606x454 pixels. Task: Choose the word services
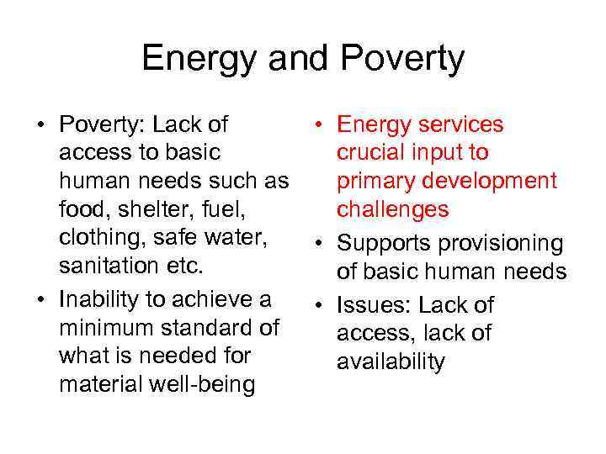(458, 125)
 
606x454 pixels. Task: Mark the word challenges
(393, 210)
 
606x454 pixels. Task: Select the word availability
(391, 362)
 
